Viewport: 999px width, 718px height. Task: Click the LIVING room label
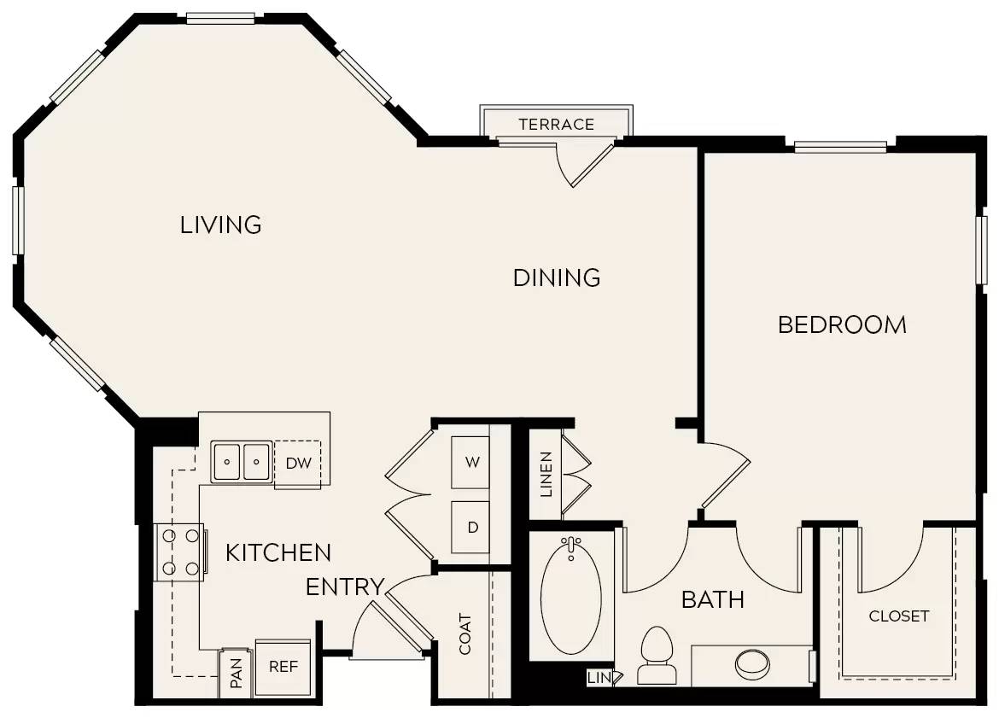[x=220, y=225]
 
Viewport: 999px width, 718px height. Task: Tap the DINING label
[x=557, y=277]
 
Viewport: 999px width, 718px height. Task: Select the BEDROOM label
[x=842, y=324]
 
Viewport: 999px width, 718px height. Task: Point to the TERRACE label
[x=556, y=125]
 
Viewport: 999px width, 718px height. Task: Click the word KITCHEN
[x=278, y=552]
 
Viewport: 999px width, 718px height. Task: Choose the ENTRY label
[x=344, y=587]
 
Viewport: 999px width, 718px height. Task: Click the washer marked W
[x=471, y=462]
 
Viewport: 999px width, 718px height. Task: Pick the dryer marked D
[x=471, y=527]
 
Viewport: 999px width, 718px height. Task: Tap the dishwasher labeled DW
[x=297, y=464]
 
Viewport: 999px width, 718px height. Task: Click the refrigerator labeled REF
[x=283, y=666]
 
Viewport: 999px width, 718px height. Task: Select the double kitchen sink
[x=242, y=462]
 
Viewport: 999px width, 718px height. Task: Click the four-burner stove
[x=180, y=552]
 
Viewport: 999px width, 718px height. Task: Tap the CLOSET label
[x=898, y=616]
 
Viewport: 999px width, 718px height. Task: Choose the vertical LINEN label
[x=546, y=474]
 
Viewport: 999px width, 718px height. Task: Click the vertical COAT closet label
[x=465, y=633]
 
